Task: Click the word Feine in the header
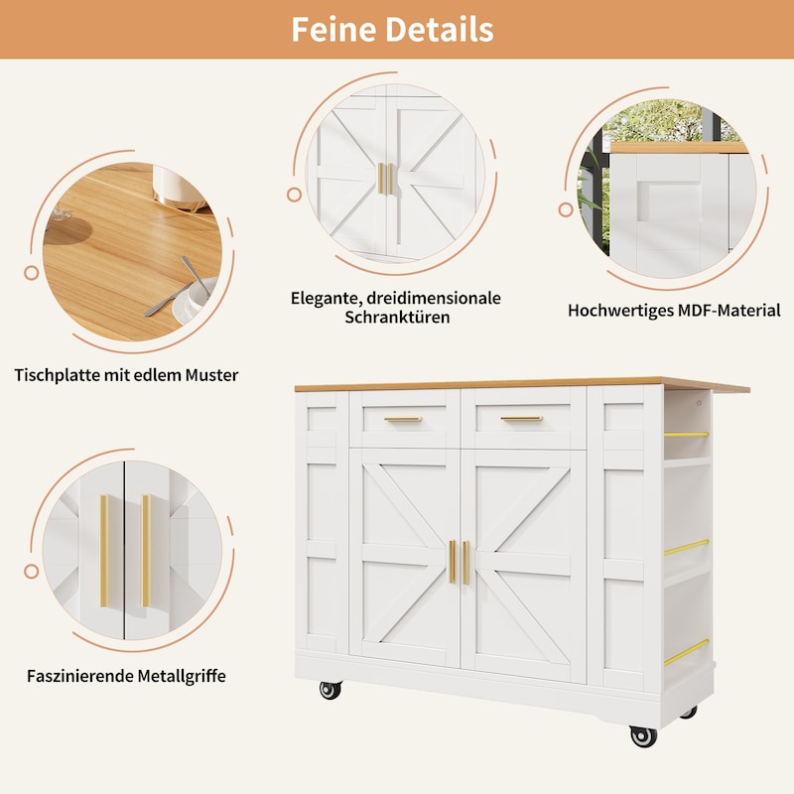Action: point(334,30)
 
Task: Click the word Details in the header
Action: point(440,30)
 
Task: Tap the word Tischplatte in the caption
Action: point(57,376)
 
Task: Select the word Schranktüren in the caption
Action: point(398,318)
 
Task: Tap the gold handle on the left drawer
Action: point(403,419)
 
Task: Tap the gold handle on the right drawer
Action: point(522,419)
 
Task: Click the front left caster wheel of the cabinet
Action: point(331,690)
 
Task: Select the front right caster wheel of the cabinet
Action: point(643,735)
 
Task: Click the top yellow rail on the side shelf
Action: point(686,435)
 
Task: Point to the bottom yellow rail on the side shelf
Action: point(686,653)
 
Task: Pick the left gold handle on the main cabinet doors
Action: point(452,562)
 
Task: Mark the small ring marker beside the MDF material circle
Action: point(566,209)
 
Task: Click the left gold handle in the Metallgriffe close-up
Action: point(104,551)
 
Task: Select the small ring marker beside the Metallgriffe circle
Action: point(32,572)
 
